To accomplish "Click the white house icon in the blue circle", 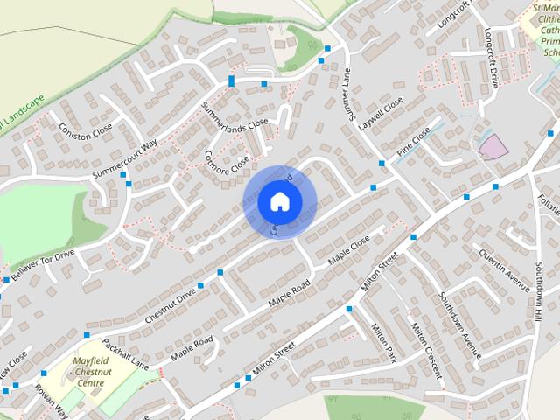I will point(279,201).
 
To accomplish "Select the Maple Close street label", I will point(349,250).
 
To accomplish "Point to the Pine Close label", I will point(413,142).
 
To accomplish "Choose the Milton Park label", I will point(384,343).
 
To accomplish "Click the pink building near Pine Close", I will point(493,146).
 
